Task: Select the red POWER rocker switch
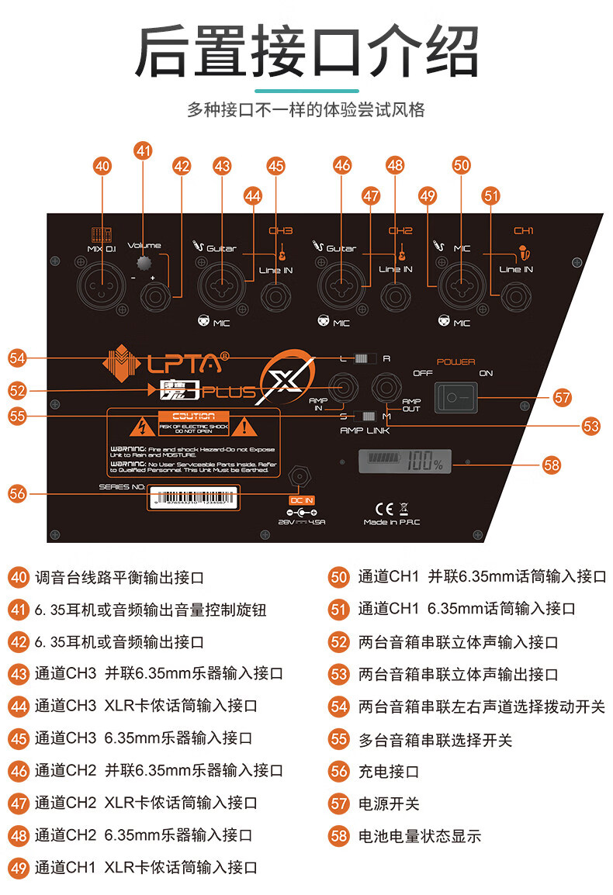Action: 455,398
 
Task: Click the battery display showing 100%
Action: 403,463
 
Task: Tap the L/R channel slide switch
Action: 363,358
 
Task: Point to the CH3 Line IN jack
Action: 275,296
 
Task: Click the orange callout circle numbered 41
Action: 143,150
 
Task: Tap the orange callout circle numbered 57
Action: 562,397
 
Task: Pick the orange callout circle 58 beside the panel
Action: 551,465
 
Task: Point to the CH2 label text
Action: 400,231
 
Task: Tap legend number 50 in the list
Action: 339,576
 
